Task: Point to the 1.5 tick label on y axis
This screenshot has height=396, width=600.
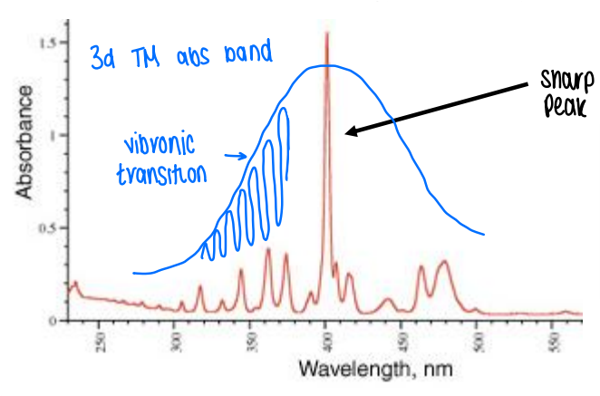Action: tap(49, 43)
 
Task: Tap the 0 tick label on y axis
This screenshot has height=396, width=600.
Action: tap(53, 320)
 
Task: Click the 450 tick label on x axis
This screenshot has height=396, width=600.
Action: tap(403, 343)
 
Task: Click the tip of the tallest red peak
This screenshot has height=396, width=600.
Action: tap(326, 34)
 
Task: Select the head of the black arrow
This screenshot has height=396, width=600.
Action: tap(348, 134)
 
